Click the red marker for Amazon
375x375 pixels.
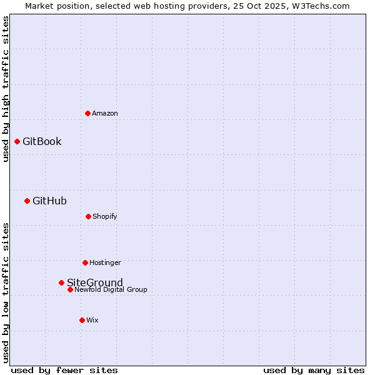point(87,113)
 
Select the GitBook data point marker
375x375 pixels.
point(17,141)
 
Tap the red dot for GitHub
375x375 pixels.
point(27,201)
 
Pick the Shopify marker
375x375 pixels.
point(88,216)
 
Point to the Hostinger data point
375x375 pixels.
point(85,262)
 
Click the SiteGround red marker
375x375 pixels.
point(61,282)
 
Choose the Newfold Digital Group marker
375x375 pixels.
point(70,289)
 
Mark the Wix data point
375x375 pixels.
point(82,320)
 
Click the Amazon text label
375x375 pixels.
point(105,113)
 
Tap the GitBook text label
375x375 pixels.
point(42,141)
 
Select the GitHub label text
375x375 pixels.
point(49,201)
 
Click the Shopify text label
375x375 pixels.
point(105,216)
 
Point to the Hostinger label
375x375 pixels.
point(105,262)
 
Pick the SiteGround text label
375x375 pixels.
point(95,282)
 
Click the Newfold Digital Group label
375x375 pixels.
point(111,290)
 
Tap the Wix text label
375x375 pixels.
point(92,320)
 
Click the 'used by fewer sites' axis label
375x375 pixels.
point(64,370)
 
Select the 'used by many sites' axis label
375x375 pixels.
point(314,370)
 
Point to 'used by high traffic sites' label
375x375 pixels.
point(6,89)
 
